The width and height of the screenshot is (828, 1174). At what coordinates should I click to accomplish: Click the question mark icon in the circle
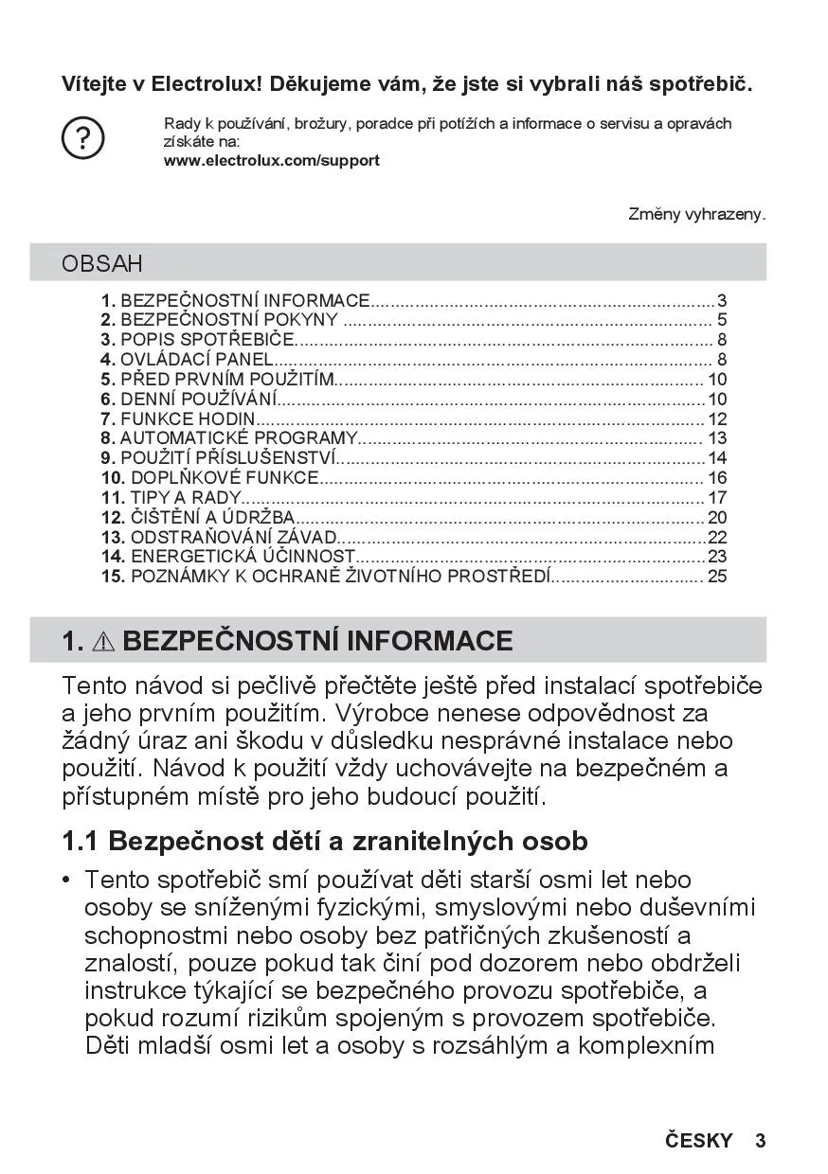pos(82,139)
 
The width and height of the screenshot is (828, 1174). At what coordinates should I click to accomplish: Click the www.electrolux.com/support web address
pos(271,161)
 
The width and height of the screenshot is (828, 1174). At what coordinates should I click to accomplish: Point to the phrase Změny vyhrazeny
pos(696,215)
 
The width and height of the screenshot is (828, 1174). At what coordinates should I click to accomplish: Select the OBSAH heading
pos(102,263)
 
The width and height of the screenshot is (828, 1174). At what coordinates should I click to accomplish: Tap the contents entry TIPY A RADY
pos(172,498)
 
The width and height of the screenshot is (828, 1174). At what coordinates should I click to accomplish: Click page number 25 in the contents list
pos(717,577)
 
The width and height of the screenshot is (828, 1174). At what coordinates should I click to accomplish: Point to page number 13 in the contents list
pos(717,438)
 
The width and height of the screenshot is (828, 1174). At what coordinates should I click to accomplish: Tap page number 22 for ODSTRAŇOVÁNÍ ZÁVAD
pos(717,537)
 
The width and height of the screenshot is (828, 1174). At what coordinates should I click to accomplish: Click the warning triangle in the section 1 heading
pos(103,642)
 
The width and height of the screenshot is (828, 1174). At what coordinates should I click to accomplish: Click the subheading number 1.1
pos(81,841)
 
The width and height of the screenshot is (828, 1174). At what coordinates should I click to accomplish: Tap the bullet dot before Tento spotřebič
pos(66,880)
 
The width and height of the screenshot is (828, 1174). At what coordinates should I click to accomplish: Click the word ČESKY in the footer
pos(698,1141)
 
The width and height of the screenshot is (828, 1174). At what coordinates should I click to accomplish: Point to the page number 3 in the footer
pos(760,1141)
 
